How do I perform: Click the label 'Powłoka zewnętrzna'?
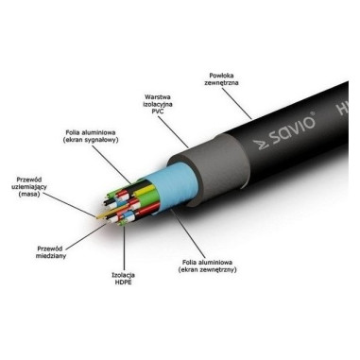coord(221,79)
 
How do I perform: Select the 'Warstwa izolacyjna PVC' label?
coord(158,104)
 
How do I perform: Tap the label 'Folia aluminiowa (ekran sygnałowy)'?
coord(91,136)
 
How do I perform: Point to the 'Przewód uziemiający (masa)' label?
coord(29,187)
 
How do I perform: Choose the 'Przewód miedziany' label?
coord(51,252)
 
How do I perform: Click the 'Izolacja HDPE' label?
coord(123,279)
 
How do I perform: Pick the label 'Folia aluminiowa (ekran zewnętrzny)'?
coord(207,266)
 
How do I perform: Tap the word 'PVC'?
coord(158,111)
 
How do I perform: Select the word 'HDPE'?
coord(123,283)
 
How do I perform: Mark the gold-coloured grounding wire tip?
coord(100,216)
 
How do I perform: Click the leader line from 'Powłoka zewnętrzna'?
coord(236,104)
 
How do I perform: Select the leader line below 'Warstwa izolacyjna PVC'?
coord(173,132)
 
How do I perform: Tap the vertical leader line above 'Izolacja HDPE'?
coord(124,248)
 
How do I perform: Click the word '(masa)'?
coord(29,194)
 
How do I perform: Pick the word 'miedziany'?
coord(51,256)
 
